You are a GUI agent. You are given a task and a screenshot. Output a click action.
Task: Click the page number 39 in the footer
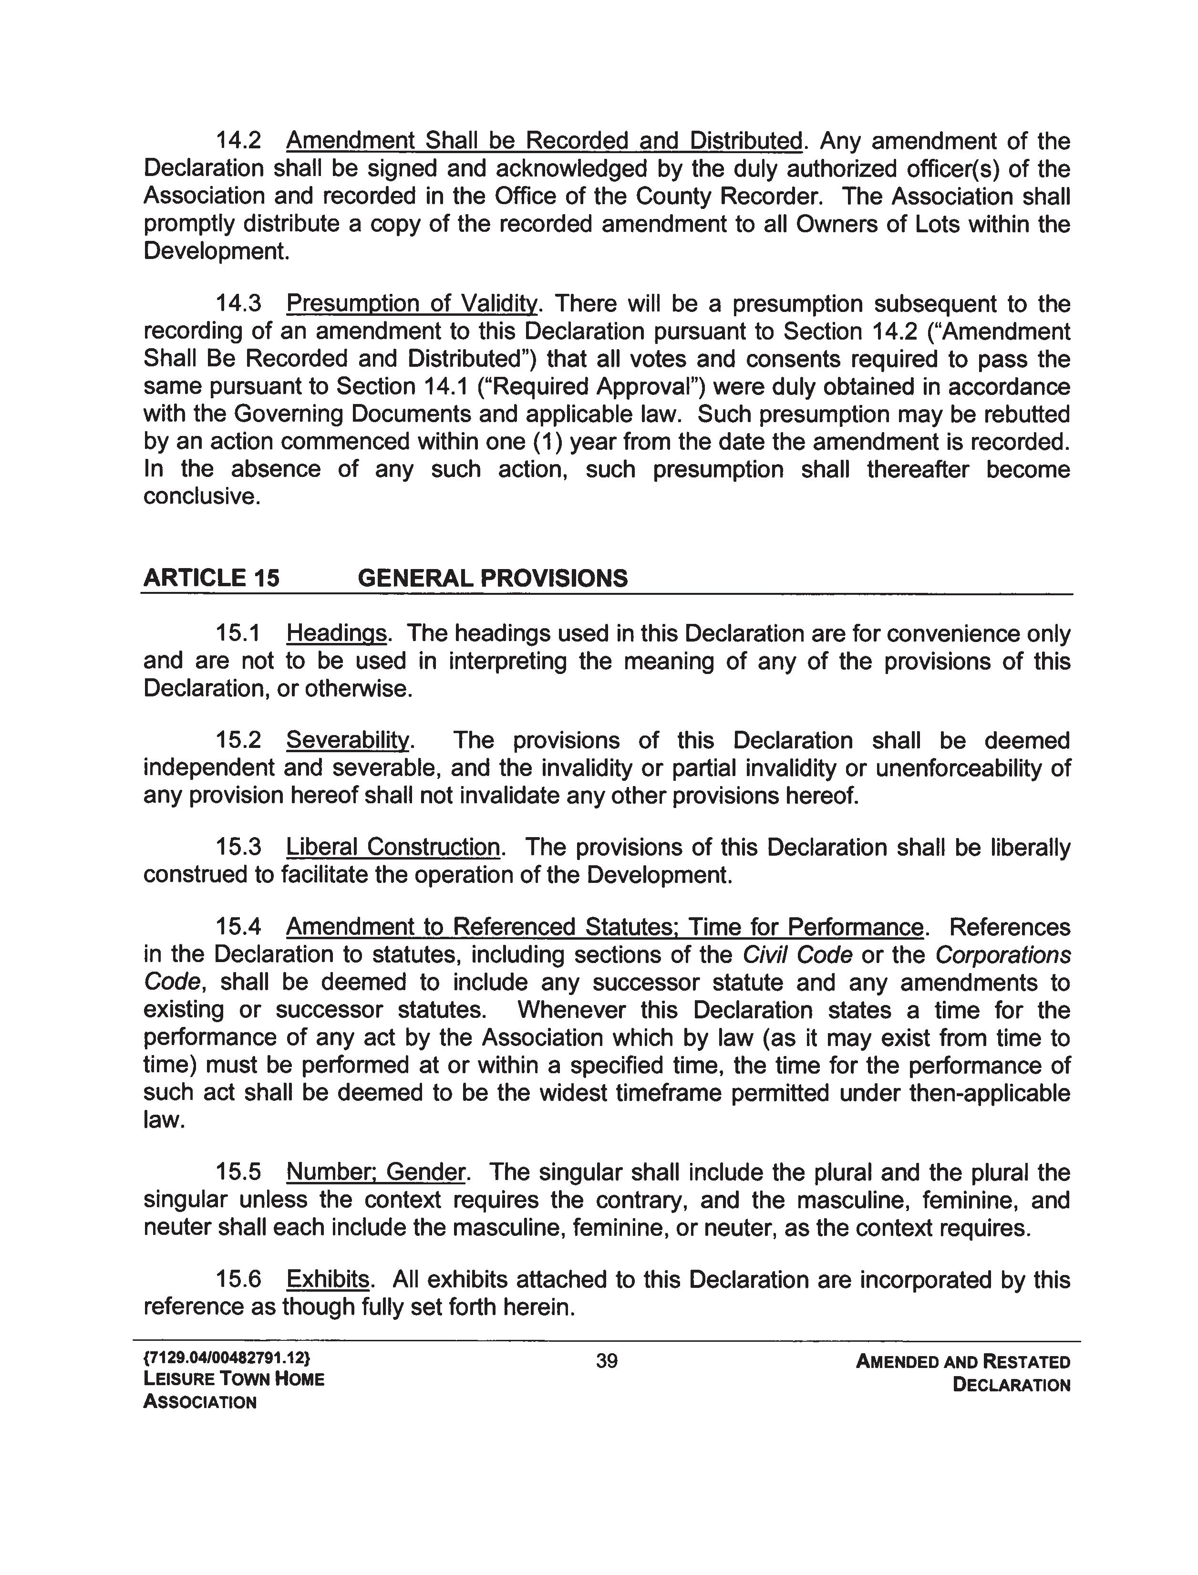pos(606,1361)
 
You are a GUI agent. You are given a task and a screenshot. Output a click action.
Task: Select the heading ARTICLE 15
pos(211,578)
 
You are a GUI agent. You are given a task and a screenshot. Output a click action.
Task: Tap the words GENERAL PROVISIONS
pos(492,578)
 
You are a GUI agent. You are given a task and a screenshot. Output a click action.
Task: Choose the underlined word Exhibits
pos(327,1279)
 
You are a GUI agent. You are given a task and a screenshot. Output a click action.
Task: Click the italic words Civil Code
pos(797,955)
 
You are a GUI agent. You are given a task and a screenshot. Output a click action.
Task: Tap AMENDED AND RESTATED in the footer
pos(963,1362)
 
